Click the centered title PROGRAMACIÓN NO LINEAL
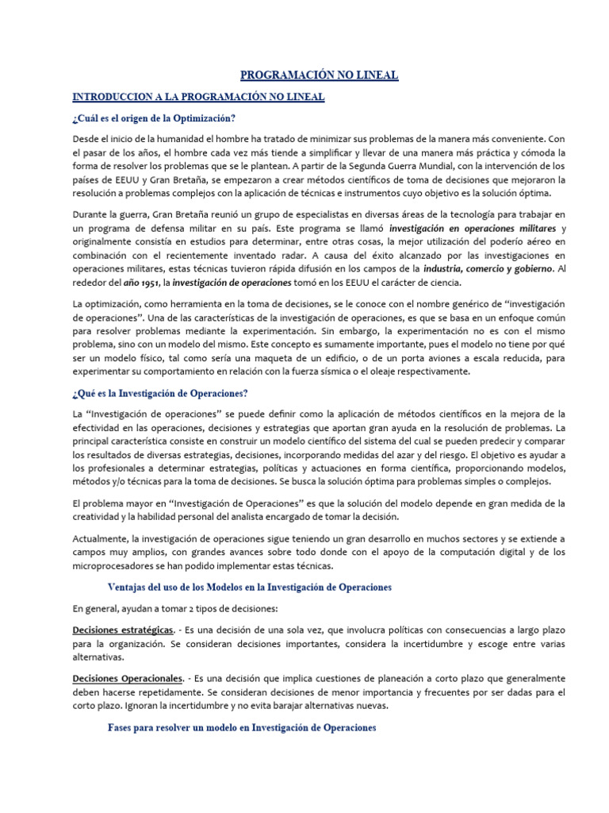[x=319, y=75]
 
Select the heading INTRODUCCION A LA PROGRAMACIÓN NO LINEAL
[x=198, y=97]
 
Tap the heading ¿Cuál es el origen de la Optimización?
[x=153, y=118]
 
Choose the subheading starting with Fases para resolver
[x=241, y=727]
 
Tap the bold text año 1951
[x=139, y=283]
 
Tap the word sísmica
[x=391, y=371]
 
